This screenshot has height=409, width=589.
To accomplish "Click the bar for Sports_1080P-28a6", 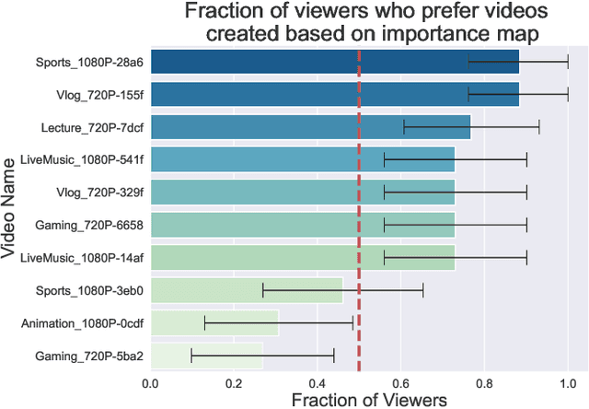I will [x=334, y=62].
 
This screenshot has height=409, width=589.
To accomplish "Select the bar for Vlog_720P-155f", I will [x=334, y=94].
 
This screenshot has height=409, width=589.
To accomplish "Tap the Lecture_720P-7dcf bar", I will [x=310, y=127].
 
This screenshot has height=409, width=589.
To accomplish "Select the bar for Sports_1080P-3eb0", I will [x=247, y=291].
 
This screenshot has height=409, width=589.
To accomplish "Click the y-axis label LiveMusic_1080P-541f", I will [x=82, y=160].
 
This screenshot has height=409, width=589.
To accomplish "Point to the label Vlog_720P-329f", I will [x=100, y=193].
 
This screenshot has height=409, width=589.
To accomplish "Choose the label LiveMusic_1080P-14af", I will [x=82, y=258].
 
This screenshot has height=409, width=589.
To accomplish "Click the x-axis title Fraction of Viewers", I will [x=368, y=400].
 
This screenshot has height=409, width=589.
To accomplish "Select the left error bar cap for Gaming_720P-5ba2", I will [x=191, y=356].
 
